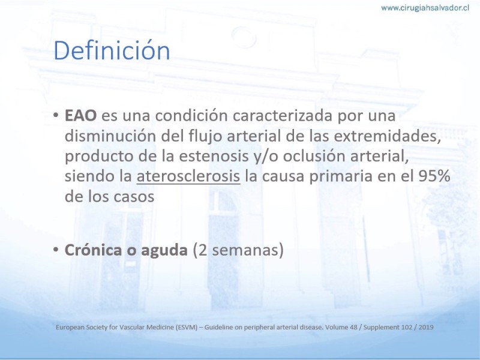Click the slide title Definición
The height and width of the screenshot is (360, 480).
click(x=112, y=50)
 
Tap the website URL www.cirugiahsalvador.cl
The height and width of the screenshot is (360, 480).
click(x=425, y=8)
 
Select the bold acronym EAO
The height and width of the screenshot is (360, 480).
click(x=80, y=116)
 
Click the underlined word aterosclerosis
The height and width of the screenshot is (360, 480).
click(x=188, y=176)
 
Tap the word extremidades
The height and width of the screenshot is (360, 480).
click(x=387, y=136)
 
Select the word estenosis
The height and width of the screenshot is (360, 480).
click(x=214, y=156)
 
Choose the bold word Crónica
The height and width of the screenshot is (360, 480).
click(x=93, y=250)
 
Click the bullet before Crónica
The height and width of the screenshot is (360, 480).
click(x=56, y=250)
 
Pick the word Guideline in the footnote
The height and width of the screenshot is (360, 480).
click(x=218, y=327)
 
